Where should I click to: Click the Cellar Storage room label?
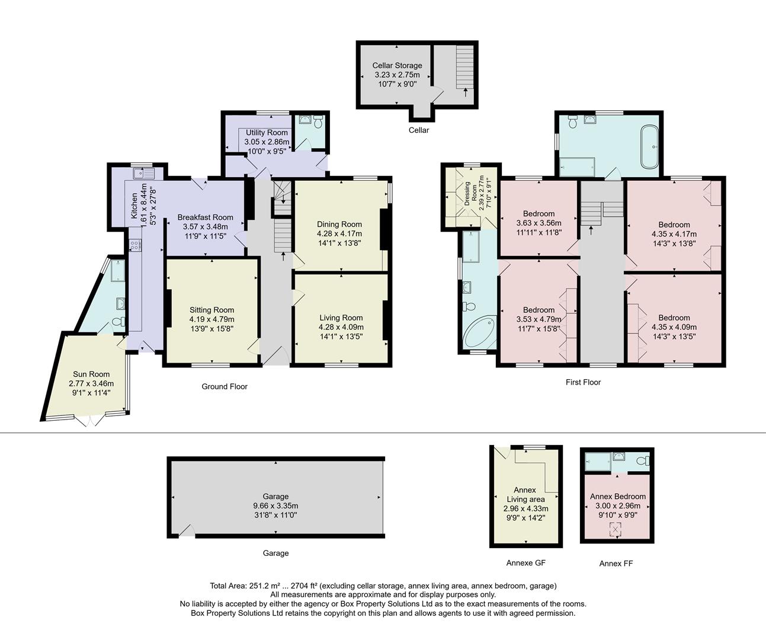click(x=397, y=65)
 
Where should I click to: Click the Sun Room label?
click(x=91, y=374)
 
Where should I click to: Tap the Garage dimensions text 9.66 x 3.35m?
click(x=275, y=506)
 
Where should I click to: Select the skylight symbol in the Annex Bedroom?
click(x=617, y=529)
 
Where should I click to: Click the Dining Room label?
click(x=339, y=224)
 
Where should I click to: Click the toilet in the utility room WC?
click(x=318, y=123)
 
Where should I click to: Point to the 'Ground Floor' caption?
click(x=225, y=386)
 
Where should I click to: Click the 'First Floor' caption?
click(x=583, y=382)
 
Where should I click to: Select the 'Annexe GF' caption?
click(x=525, y=563)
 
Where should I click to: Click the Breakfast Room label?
click(x=205, y=217)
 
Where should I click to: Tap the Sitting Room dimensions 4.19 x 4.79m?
click(x=211, y=319)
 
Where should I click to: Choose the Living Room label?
click(x=341, y=318)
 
